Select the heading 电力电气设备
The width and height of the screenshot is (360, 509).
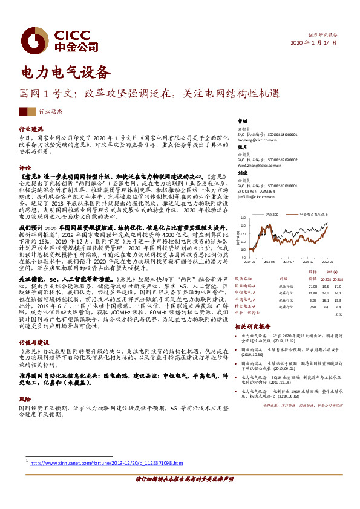[66, 73]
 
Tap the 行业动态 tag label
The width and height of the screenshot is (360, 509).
[50, 112]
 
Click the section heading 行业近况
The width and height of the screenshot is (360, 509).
[30, 129]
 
